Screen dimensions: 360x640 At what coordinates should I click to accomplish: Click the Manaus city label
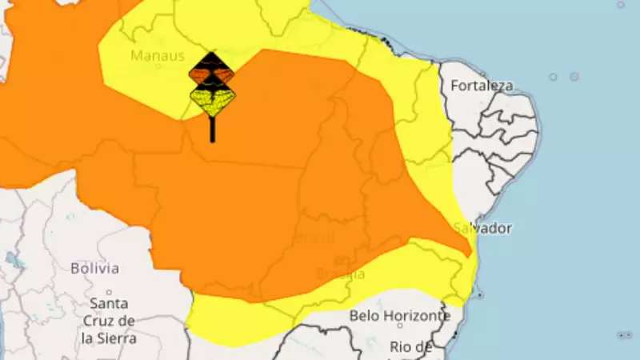pyautogui.click(x=158, y=56)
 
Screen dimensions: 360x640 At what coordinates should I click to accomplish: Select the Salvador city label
pyautogui.click(x=482, y=228)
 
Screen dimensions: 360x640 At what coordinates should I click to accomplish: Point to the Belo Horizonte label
pyautogui.click(x=399, y=315)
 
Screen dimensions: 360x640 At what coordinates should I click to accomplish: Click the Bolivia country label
pyautogui.click(x=94, y=268)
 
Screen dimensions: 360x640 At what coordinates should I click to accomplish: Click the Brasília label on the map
pyautogui.click(x=341, y=274)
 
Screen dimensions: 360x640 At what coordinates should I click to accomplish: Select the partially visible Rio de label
pyautogui.click(x=412, y=346)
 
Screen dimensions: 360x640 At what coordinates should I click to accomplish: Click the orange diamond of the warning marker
pyautogui.click(x=212, y=74)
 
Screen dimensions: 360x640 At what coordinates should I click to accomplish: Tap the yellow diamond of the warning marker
pyautogui.click(x=212, y=100)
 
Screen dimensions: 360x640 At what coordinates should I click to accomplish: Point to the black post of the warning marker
pyautogui.click(x=212, y=130)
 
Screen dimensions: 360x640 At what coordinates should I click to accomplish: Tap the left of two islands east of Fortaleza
pyautogui.click(x=553, y=77)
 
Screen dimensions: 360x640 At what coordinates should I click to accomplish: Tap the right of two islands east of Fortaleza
pyautogui.click(x=574, y=77)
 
